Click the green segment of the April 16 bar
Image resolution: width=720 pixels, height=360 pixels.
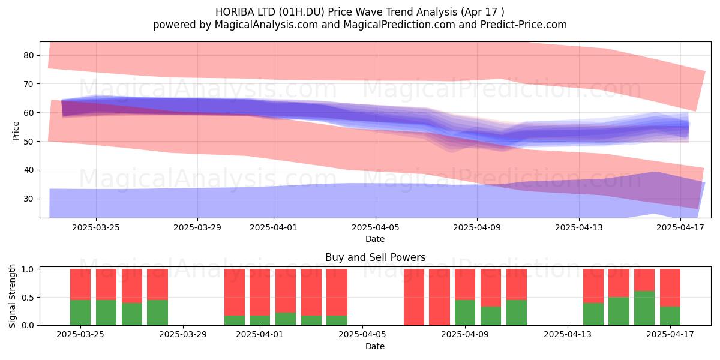coord(644,308)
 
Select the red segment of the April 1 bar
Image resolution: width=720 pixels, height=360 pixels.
coord(260,292)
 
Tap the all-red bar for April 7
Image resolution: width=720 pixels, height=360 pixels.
coord(413,297)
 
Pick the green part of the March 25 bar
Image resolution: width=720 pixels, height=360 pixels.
coord(80,313)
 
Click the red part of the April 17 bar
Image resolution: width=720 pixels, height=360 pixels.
coord(670,287)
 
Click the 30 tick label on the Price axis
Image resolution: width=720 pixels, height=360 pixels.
coord(29,199)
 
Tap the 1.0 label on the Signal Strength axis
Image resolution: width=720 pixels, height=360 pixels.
coord(28,269)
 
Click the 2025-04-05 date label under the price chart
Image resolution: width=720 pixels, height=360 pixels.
coord(376,227)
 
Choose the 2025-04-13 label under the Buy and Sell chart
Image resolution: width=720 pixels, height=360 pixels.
coord(568,335)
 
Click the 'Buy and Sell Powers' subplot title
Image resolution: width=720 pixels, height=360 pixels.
coord(376,257)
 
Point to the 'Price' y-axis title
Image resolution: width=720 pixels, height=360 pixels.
coord(16,131)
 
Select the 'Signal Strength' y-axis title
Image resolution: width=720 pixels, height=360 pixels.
coord(12,296)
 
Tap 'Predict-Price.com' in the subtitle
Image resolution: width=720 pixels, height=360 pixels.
coord(524,25)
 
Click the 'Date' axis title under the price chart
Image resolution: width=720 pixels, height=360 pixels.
coord(375,239)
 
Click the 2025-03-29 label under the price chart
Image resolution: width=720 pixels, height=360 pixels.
coord(197,227)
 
